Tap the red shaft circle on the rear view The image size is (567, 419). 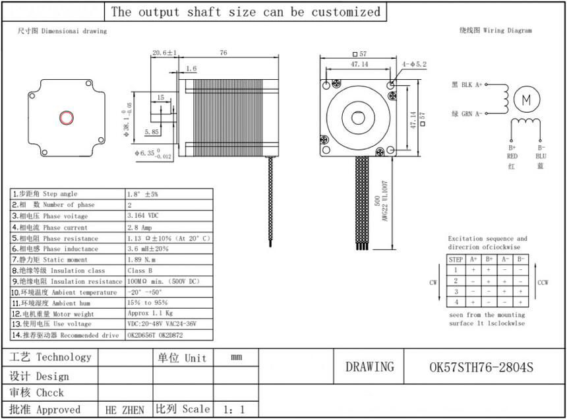tap(67, 117)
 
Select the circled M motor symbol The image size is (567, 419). tap(526, 100)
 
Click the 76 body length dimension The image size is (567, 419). tap(223, 52)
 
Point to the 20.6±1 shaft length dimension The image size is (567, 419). tap(165, 52)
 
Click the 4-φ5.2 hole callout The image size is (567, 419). tap(415, 64)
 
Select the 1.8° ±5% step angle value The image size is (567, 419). tap(142, 194)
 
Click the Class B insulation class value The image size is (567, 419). tap(140, 271)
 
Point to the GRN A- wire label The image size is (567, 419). tap(467, 113)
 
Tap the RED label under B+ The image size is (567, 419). tap(512, 156)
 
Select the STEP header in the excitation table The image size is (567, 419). tap(456, 259)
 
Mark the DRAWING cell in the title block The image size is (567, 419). tap(370, 367)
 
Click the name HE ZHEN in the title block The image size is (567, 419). tap(125, 410)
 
